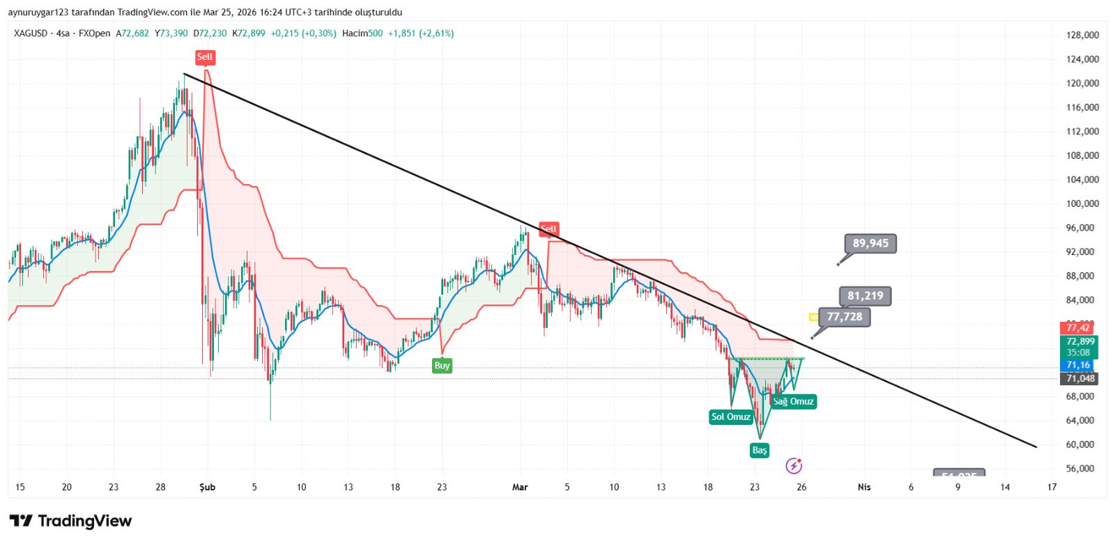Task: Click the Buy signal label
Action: click(x=442, y=366)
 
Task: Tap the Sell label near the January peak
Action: click(x=205, y=57)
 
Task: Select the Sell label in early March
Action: click(x=549, y=228)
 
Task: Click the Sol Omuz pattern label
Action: click(x=730, y=417)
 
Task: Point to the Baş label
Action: click(x=760, y=451)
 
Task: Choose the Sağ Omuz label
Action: click(x=793, y=402)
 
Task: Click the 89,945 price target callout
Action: click(x=870, y=244)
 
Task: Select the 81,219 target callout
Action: click(x=865, y=296)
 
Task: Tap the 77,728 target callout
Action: click(x=844, y=317)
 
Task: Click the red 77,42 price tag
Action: click(x=1077, y=328)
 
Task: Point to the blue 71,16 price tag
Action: click(x=1077, y=365)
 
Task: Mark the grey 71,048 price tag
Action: click(x=1080, y=379)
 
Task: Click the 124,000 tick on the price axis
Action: click(x=1082, y=59)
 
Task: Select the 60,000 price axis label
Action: click(x=1082, y=444)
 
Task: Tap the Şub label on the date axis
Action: click(x=207, y=488)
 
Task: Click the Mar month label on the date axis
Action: click(x=520, y=488)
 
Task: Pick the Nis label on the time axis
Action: click(x=864, y=488)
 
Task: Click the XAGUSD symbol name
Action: click(x=31, y=33)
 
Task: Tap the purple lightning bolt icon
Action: click(x=794, y=466)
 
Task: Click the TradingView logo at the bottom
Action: click(x=70, y=521)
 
